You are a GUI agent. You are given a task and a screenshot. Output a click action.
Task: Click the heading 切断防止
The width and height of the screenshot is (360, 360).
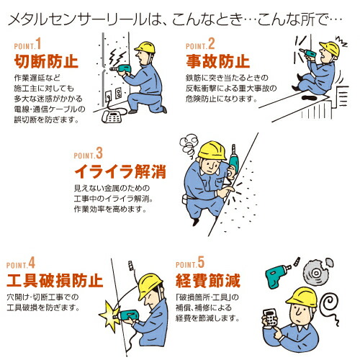click(x=46, y=61)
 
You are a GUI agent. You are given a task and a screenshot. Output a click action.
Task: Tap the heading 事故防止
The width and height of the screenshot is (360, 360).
click(x=217, y=61)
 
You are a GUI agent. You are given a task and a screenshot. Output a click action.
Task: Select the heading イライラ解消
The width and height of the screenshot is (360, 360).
click(x=120, y=171)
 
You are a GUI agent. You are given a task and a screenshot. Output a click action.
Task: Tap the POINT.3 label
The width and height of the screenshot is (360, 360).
click(x=89, y=153)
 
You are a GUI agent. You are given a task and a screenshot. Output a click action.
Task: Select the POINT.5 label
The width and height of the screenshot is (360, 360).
click(x=190, y=262)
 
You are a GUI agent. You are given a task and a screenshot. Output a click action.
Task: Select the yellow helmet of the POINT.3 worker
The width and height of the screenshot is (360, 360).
click(x=212, y=150)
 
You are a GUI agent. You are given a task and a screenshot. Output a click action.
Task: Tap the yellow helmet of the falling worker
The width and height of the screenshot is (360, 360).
click(x=330, y=48)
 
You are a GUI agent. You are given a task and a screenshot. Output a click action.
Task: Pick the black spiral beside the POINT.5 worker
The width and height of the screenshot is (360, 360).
click(x=330, y=305)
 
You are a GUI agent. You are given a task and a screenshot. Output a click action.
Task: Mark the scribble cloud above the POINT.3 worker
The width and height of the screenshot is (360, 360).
click(x=189, y=145)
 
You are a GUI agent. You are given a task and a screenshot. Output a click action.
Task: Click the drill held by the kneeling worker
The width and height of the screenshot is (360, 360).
click(x=121, y=69)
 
